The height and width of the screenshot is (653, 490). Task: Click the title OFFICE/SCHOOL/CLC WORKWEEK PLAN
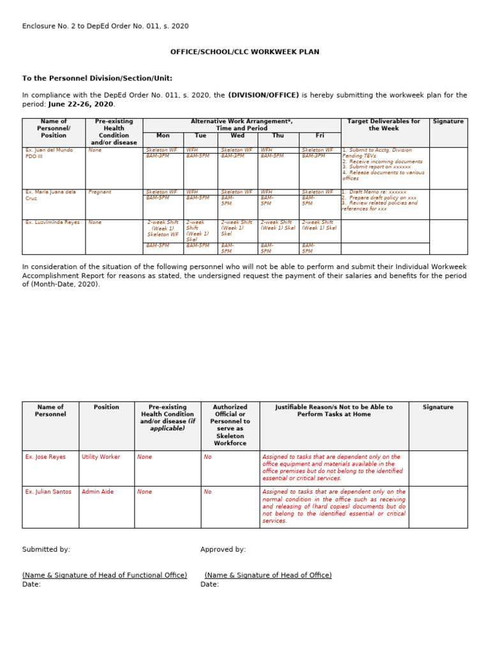tap(245, 52)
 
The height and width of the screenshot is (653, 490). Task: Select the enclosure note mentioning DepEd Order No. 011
tap(105, 26)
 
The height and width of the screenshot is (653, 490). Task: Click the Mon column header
tap(163, 135)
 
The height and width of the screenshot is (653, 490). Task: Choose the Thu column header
tap(278, 135)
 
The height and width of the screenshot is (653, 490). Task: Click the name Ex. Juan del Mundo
tap(49, 150)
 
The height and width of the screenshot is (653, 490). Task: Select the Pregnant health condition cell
tap(100, 192)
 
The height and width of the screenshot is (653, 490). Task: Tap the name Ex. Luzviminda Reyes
tap(52, 223)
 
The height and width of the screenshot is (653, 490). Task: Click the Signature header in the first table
tap(448, 121)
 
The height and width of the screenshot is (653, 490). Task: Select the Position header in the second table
tap(106, 407)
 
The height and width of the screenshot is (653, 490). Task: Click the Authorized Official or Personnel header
tap(230, 425)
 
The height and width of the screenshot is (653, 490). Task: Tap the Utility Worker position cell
tap(101, 457)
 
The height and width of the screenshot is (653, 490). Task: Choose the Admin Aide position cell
tap(97, 492)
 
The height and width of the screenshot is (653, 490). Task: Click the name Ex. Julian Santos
tap(48, 492)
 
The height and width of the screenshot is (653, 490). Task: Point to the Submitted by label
tap(46, 549)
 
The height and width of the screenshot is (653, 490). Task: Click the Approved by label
tap(223, 549)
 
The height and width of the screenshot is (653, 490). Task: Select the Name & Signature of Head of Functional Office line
tap(105, 575)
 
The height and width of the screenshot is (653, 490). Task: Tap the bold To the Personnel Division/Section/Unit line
tap(97, 78)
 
